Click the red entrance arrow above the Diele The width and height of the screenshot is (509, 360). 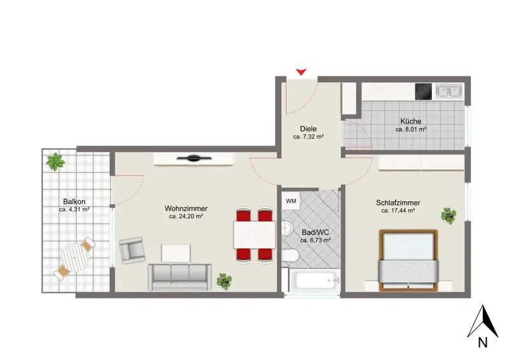(301, 72)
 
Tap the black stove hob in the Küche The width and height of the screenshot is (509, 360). (423, 92)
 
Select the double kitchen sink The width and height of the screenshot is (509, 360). (449, 91)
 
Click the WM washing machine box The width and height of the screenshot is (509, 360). (291, 201)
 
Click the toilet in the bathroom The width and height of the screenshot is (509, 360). (289, 256)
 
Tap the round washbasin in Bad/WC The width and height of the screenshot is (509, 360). (288, 228)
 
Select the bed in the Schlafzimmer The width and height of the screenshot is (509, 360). (408, 260)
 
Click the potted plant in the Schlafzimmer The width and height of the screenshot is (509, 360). (449, 216)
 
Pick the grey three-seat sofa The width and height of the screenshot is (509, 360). (179, 277)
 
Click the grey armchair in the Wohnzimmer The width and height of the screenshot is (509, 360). (132, 250)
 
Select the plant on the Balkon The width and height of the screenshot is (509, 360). (55, 162)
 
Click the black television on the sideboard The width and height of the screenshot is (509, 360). (194, 158)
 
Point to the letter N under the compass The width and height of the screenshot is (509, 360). (482, 342)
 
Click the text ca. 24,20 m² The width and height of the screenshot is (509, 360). (186, 216)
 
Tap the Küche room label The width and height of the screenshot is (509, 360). (410, 121)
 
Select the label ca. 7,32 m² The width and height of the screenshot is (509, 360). (308, 137)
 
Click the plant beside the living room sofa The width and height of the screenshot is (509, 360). (225, 281)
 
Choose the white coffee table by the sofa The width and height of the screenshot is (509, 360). (176, 253)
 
